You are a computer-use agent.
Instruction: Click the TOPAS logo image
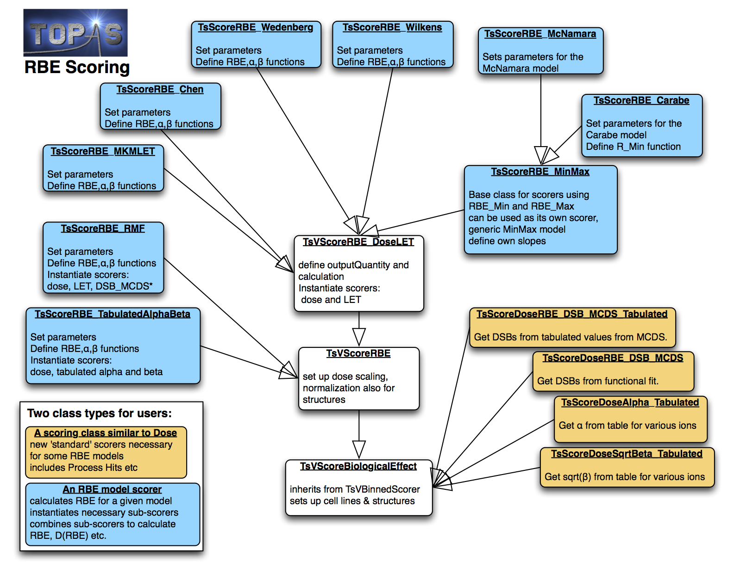click(x=75, y=32)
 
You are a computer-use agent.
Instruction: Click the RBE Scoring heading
click(x=77, y=67)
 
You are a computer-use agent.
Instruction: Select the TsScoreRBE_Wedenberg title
click(x=255, y=27)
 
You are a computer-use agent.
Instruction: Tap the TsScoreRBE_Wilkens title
click(x=392, y=27)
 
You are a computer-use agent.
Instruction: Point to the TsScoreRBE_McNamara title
click(x=540, y=34)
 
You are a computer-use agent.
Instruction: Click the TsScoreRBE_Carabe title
click(x=641, y=100)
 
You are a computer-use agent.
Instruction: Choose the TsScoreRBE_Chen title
click(x=160, y=89)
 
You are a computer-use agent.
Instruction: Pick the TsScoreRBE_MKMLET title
click(x=103, y=151)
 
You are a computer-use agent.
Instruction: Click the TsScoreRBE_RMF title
click(x=103, y=228)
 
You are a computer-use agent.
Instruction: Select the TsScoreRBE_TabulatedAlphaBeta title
click(x=113, y=314)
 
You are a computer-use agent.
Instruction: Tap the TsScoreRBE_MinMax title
click(x=540, y=172)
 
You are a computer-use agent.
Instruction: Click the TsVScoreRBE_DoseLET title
click(x=358, y=242)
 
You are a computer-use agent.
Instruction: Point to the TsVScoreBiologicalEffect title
click(x=358, y=466)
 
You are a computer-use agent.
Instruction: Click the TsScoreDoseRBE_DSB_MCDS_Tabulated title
click(x=572, y=314)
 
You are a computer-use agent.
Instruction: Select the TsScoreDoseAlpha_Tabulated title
click(x=630, y=402)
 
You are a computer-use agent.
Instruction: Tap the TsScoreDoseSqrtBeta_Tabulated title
click(x=627, y=454)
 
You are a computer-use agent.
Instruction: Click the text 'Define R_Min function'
click(x=633, y=147)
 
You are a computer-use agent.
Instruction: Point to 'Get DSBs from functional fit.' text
click(x=597, y=381)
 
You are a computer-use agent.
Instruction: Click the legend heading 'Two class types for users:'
click(x=99, y=413)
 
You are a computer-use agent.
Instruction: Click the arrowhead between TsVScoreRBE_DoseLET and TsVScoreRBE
click(x=359, y=337)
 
